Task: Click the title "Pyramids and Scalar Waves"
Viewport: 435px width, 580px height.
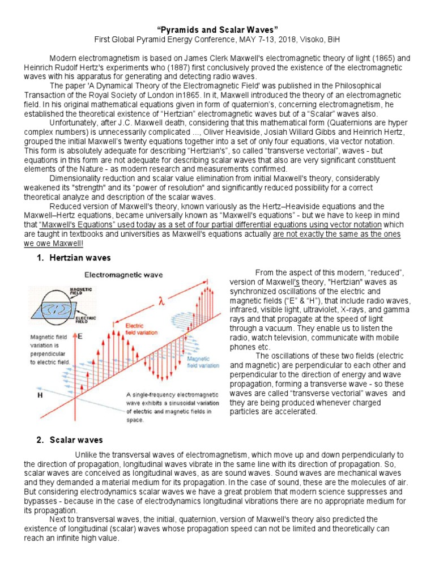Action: point(217,29)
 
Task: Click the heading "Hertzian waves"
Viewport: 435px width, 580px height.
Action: point(79,258)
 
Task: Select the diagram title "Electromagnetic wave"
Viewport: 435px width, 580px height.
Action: point(123,275)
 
